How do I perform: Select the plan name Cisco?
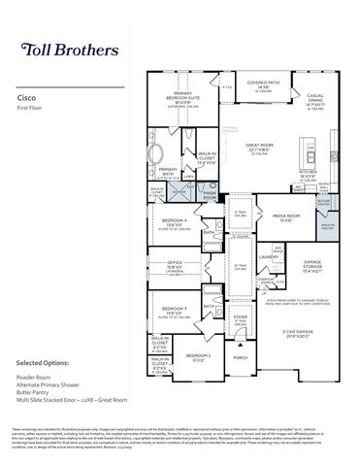[x=28, y=98]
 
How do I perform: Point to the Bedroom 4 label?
[x=175, y=222]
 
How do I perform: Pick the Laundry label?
[x=269, y=257]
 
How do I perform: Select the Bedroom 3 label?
[x=175, y=312]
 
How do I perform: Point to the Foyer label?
[x=242, y=316]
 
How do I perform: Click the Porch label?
[x=241, y=357]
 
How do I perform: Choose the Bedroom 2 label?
[x=198, y=357]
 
